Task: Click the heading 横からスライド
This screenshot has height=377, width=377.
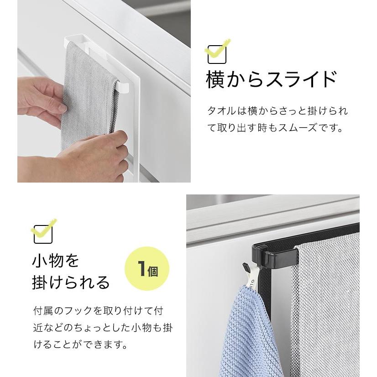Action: (x=271, y=79)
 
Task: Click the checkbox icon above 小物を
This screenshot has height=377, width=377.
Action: (x=43, y=234)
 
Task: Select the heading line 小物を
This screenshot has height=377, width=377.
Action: (x=56, y=261)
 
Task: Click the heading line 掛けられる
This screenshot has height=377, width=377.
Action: (x=71, y=283)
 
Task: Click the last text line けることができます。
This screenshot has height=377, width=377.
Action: (x=80, y=345)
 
